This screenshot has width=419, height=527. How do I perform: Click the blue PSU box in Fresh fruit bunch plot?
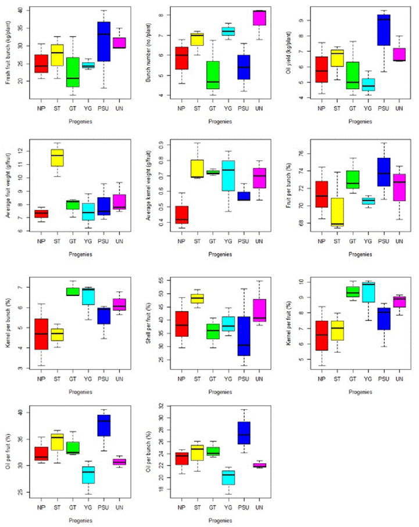[x=103, y=41]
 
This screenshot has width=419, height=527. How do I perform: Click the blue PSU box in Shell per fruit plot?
[x=243, y=336]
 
